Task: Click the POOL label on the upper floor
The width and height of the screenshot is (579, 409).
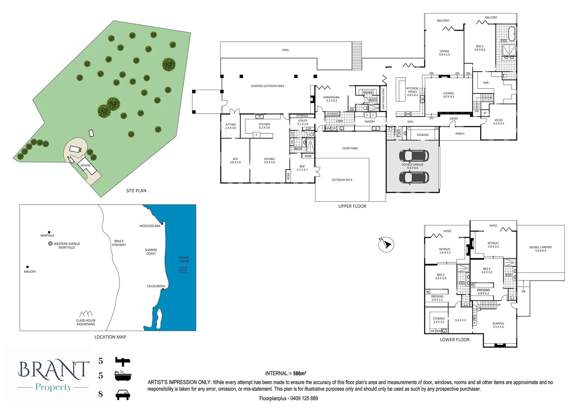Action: coord(285,50)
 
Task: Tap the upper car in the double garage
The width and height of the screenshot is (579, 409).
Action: coord(414,155)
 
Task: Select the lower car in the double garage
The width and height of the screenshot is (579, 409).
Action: coord(414,177)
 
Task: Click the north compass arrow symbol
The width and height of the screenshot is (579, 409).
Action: coord(387,244)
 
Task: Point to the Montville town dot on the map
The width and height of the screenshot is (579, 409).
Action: coord(49,232)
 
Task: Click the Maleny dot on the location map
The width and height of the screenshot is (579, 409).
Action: coord(27,267)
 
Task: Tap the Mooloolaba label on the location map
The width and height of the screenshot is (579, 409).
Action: coord(150,226)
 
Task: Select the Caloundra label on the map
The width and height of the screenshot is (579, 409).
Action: coord(156,286)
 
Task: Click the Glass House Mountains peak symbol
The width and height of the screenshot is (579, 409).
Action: coord(86,314)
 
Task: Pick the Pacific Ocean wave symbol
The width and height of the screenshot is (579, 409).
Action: coord(183,270)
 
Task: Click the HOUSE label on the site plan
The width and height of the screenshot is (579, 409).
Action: coord(86,165)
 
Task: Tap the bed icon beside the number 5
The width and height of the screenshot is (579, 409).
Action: coord(122,361)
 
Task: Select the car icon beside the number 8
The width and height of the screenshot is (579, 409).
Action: coord(122,395)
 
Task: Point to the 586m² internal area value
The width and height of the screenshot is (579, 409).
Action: coord(299,373)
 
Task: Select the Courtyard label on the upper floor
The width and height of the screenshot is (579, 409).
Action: coord(350,148)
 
